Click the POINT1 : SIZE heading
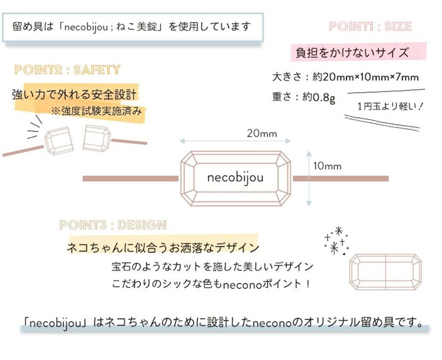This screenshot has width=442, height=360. [x=370, y=27]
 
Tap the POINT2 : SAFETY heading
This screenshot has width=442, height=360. [x=67, y=70]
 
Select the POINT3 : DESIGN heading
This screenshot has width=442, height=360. [x=113, y=225]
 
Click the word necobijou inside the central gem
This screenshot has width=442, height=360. [x=235, y=178]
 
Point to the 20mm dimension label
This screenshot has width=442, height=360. [x=262, y=133]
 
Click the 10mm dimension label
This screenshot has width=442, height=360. [x=327, y=166]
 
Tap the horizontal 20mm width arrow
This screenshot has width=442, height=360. [x=235, y=141]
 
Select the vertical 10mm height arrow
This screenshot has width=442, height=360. [x=309, y=178]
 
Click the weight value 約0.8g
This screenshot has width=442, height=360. [x=319, y=97]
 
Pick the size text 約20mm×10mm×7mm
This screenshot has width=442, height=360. [x=365, y=77]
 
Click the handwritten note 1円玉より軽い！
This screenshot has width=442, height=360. [x=390, y=106]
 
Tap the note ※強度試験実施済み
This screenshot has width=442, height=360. [x=96, y=112]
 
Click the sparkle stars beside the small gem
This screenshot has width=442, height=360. [x=336, y=241]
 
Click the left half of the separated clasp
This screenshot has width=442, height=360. [x=59, y=141]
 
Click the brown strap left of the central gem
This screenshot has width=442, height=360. [x=130, y=178]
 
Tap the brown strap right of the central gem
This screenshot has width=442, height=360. [x=341, y=178]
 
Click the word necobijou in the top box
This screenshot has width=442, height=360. [x=86, y=27]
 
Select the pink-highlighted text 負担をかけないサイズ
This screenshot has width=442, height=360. [x=352, y=52]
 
